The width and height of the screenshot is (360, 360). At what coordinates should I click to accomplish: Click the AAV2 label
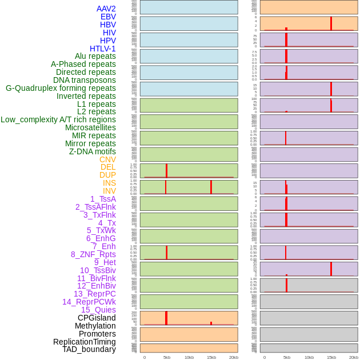tap(106, 9)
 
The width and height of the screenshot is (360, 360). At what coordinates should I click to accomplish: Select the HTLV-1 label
tap(103, 49)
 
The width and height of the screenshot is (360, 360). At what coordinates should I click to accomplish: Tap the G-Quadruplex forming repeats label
tap(61, 88)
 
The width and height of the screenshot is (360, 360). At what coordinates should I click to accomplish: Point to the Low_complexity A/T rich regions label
tap(58, 119)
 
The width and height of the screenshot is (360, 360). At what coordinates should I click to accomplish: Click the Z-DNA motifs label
tap(93, 151)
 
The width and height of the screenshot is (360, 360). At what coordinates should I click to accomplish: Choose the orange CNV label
tap(107, 159)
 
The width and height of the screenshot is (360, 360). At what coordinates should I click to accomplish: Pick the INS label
tap(109, 183)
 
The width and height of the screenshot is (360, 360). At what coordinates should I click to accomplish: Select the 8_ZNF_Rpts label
tap(93, 254)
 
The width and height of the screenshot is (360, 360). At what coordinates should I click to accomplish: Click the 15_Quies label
tap(98, 310)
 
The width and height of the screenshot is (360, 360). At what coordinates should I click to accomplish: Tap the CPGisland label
tap(97, 318)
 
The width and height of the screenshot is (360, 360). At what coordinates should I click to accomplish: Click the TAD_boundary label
tap(89, 349)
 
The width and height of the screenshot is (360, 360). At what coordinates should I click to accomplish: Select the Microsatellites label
tap(90, 127)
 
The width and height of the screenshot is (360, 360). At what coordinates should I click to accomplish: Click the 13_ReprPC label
tap(94, 294)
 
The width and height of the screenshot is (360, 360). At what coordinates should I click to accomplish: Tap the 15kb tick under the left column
tap(211, 357)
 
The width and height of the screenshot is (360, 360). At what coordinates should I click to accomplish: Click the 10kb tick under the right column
tap(309, 357)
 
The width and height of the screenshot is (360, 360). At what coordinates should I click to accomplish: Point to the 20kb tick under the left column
tap(234, 357)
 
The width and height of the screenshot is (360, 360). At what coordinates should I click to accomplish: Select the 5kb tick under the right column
tap(287, 357)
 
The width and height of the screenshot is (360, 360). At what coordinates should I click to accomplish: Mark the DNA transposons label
tap(85, 80)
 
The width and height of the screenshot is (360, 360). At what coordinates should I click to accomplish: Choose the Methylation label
tap(95, 326)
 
